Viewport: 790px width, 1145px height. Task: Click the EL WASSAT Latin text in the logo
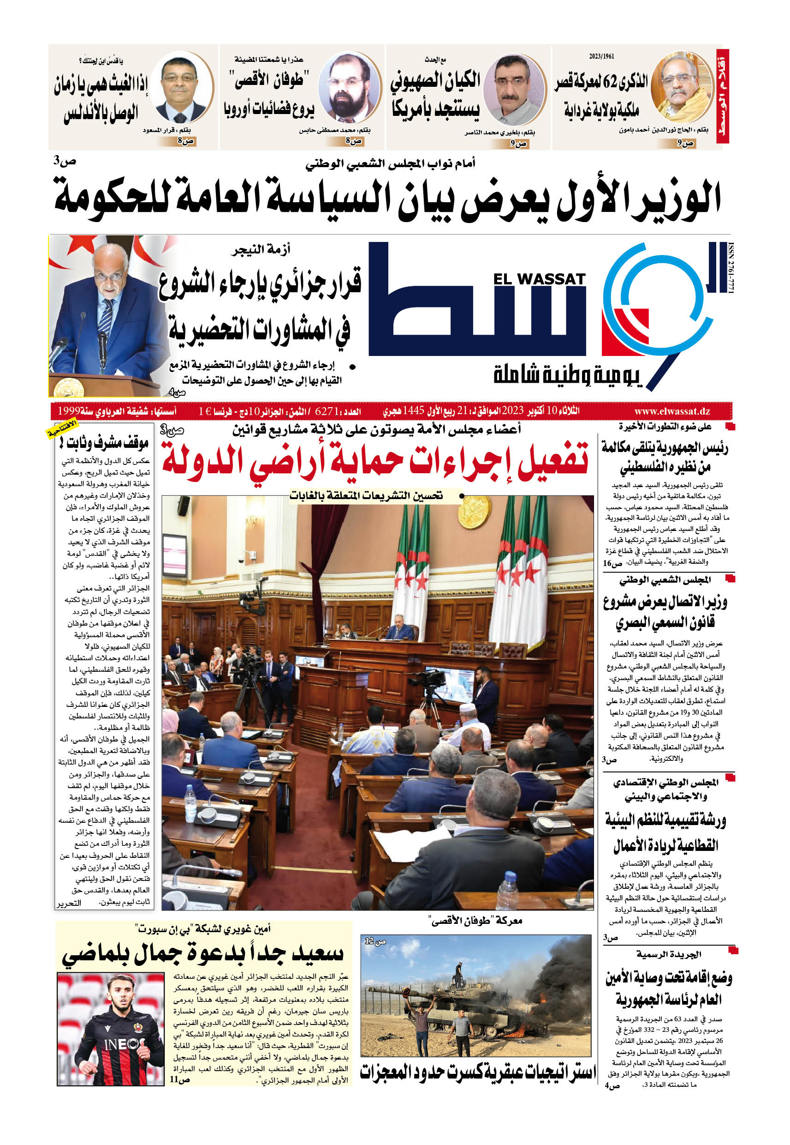(539, 279)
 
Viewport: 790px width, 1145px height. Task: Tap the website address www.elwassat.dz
(671, 411)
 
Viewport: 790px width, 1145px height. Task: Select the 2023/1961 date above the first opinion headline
(601, 56)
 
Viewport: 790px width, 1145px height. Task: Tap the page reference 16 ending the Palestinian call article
(612, 563)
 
